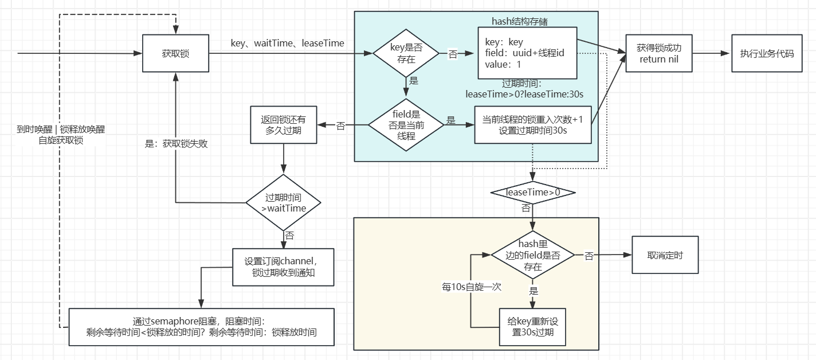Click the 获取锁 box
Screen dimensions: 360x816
pos(175,53)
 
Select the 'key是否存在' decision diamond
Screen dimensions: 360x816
pos(406,53)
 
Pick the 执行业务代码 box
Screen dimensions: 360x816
pos(767,53)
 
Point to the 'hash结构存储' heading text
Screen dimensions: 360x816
pos(520,21)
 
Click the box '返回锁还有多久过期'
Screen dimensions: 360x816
pos(284,124)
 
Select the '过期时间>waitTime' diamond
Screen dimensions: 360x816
pos(283,202)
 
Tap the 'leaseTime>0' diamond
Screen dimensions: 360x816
pos(533,193)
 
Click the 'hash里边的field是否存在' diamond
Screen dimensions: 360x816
pos(533,256)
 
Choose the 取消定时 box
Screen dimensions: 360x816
pos(665,256)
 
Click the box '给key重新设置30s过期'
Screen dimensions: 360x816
pos(533,327)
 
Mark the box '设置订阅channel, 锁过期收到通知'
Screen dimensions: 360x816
pos(283,267)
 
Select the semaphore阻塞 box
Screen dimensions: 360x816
pos(201,327)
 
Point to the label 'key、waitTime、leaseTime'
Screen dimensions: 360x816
pos(287,43)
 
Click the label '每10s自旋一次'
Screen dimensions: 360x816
pos(464,287)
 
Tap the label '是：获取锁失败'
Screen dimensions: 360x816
pos(176,144)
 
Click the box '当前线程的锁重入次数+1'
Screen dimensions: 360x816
pos(532,124)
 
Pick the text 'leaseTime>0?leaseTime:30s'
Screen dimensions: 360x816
pos(525,93)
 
